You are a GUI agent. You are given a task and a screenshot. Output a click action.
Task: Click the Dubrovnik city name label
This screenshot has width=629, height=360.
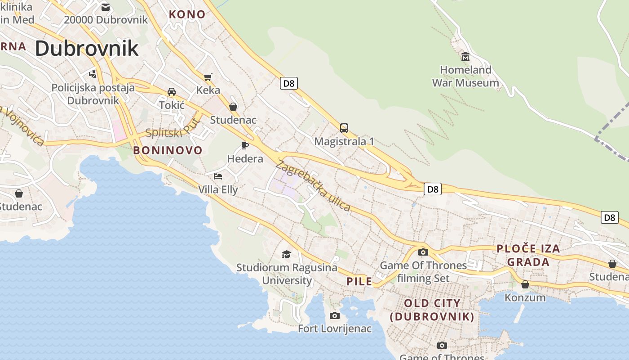87,48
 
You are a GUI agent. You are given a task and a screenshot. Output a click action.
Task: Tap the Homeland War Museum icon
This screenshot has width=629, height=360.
465,57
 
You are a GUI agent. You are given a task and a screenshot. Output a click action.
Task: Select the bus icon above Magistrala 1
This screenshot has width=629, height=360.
344,128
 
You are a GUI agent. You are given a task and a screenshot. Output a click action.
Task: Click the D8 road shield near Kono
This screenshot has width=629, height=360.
289,83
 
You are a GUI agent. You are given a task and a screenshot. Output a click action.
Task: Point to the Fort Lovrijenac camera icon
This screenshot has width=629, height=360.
335,315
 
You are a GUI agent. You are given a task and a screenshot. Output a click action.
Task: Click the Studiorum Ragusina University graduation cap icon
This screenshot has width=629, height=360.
287,255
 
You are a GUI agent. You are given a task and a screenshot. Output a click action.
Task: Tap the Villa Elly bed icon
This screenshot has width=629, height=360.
218,176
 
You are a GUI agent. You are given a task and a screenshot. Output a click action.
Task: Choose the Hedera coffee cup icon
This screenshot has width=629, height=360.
245,145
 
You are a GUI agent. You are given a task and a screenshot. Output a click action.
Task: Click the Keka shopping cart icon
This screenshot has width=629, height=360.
208,77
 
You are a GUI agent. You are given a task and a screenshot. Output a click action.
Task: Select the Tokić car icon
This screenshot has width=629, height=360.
172,92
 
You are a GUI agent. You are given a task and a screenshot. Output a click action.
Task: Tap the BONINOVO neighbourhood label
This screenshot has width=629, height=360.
168,150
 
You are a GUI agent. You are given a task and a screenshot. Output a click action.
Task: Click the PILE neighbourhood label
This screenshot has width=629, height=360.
359,282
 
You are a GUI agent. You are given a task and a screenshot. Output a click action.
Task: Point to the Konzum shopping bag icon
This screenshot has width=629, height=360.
525,284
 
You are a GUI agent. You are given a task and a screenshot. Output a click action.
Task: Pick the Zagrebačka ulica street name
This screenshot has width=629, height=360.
313,185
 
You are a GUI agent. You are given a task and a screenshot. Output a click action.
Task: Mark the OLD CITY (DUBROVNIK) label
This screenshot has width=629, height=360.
432,310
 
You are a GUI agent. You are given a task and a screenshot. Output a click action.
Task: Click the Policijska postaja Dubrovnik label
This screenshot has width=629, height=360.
93,94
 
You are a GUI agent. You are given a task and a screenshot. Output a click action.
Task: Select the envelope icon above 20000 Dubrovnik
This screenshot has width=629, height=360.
106,7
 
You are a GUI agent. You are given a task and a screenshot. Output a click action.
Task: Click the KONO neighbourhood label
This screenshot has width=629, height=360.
187,14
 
